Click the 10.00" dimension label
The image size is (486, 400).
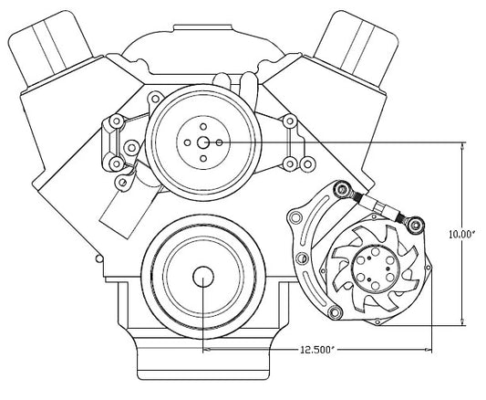pos(462,235)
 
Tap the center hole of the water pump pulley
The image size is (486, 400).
pos(203,142)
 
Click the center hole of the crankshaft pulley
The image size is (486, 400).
pos(203,277)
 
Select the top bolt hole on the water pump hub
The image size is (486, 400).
pos(203,127)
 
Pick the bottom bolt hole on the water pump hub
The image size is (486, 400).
pos(203,159)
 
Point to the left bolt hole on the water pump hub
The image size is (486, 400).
pos(187,142)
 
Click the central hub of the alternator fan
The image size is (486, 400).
pos(373,268)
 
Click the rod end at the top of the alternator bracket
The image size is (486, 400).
pos(342,189)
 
